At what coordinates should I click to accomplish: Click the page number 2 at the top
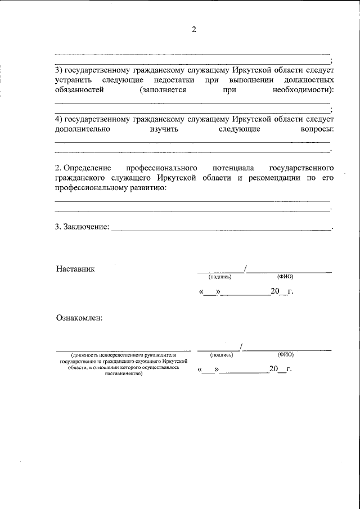tap(193, 30)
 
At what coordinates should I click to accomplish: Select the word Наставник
tap(75, 269)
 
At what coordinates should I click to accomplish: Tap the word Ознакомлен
tap(79, 318)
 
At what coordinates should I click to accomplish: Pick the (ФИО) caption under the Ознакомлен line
tap(285, 355)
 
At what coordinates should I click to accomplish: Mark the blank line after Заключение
tap(222, 228)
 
